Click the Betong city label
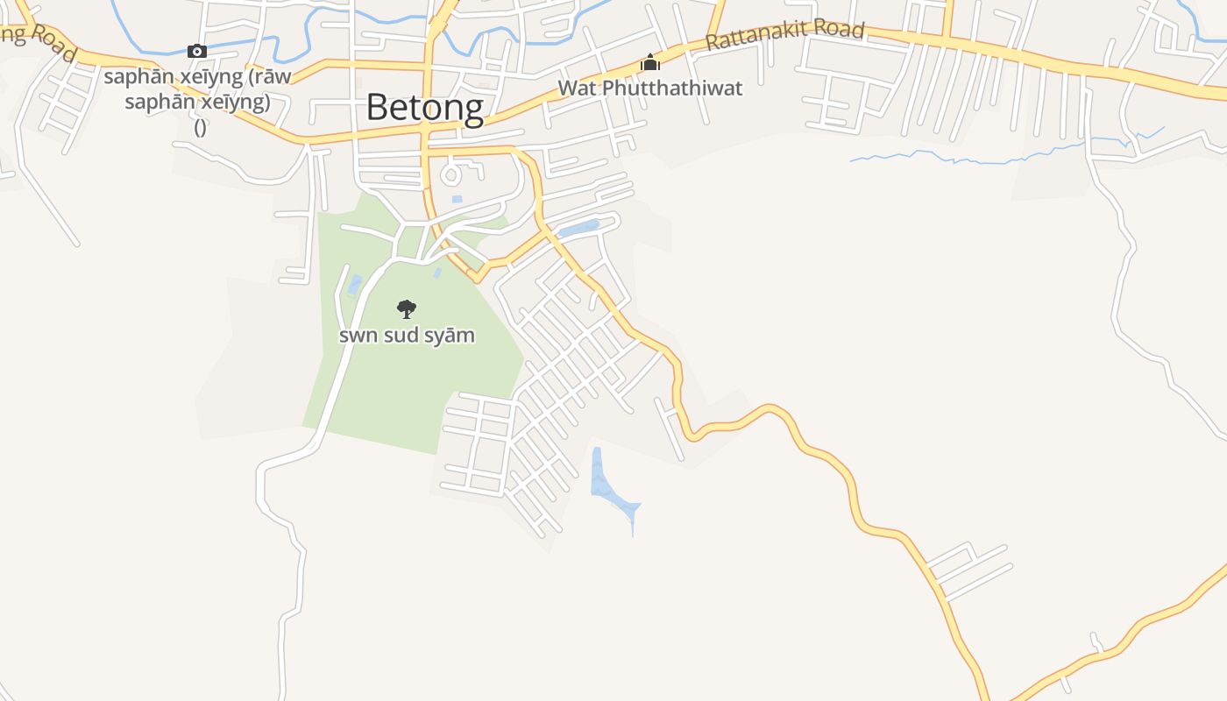tap(424, 108)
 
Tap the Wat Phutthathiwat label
tap(649, 89)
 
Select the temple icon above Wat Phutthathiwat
tap(649, 63)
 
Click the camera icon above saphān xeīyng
tap(197, 51)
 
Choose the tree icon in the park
tap(406, 308)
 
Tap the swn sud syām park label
tap(407, 335)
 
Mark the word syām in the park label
tap(451, 335)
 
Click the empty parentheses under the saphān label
tap(200, 127)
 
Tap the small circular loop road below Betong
tap(451, 174)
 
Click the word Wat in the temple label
tap(575, 89)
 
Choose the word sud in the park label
tap(405, 335)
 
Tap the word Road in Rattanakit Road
tap(840, 30)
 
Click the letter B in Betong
tap(377, 108)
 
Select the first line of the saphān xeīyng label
tap(197, 76)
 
